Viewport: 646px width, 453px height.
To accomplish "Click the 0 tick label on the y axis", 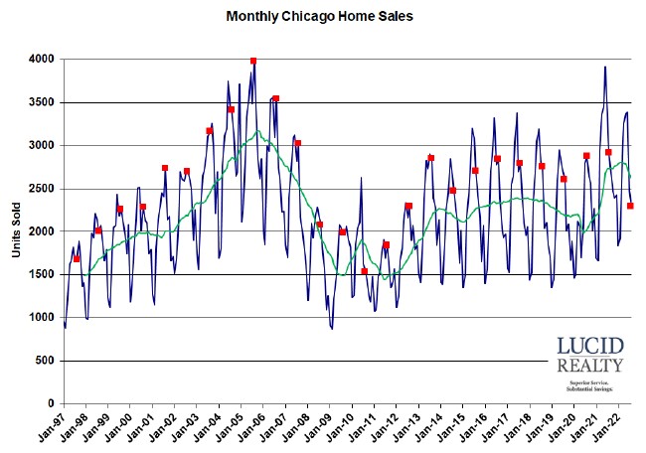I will coord(50,403).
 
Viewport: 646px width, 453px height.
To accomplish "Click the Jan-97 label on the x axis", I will coord(59,427).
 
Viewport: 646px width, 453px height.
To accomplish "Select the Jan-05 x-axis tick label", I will coord(237,427).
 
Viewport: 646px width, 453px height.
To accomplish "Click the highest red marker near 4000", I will coord(253,61).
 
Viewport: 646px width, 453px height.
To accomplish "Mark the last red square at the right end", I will coord(630,206).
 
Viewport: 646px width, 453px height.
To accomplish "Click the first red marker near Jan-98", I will coord(77,258).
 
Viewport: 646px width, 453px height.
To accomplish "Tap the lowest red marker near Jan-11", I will coord(364,271).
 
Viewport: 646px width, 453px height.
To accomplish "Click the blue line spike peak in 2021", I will coord(605,67).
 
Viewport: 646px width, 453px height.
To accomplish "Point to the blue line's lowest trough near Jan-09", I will coord(332,329).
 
